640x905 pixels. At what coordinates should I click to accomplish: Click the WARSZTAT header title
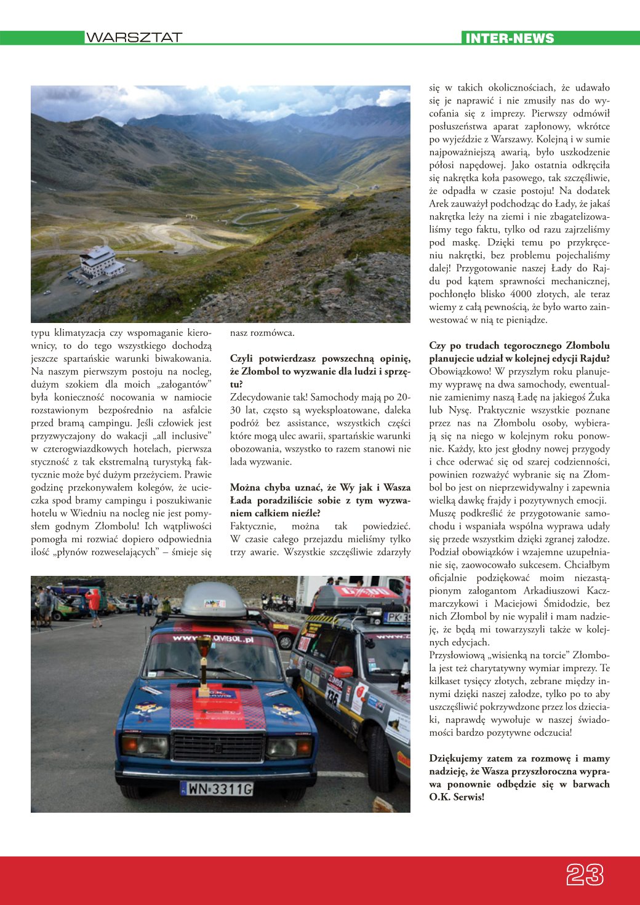[x=134, y=38]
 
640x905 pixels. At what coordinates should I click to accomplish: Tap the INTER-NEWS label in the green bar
[x=510, y=38]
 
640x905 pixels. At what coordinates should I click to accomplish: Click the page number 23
[x=584, y=874]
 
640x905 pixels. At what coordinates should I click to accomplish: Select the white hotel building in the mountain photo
[x=100, y=262]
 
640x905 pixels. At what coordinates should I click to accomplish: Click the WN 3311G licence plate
[x=217, y=788]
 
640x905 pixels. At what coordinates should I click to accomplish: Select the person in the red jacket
[x=94, y=603]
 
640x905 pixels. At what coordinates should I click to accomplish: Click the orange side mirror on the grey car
[x=343, y=672]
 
